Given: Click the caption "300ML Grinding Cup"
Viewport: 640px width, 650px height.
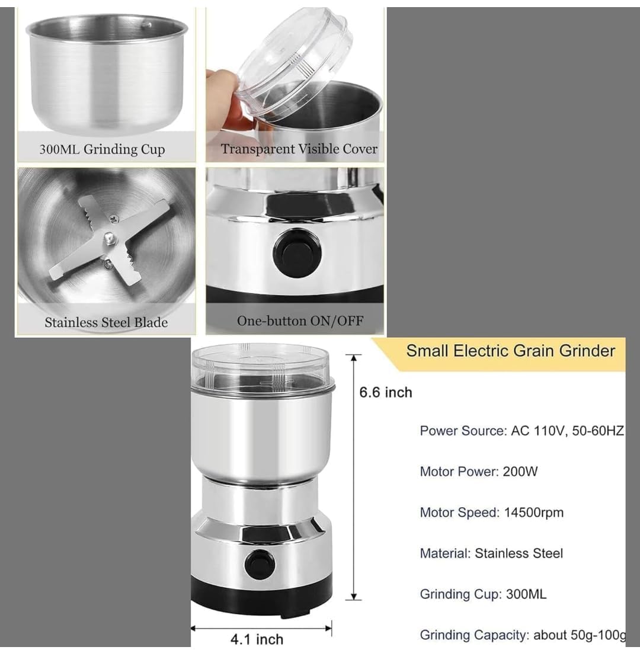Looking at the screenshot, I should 102,149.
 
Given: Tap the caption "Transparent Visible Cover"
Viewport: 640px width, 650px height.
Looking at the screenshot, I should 299,149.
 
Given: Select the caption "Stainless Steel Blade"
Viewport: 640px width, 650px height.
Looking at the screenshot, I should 106,323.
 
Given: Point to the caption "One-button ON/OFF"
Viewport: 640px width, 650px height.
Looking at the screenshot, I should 300,321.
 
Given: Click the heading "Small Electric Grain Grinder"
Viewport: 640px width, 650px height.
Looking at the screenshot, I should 510,351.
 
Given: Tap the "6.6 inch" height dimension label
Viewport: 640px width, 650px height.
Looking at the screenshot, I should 385,392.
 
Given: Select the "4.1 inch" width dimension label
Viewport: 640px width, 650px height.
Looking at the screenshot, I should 257,639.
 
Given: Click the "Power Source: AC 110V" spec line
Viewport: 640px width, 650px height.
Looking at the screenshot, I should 521,431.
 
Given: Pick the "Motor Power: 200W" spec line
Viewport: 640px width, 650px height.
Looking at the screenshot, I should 478,472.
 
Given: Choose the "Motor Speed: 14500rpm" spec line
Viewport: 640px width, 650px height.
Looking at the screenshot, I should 491,513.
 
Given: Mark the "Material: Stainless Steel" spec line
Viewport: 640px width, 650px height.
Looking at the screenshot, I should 491,553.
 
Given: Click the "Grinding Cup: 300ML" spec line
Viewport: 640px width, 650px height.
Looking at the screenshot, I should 483,594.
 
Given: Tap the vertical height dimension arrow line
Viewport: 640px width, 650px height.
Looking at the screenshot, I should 354,477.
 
